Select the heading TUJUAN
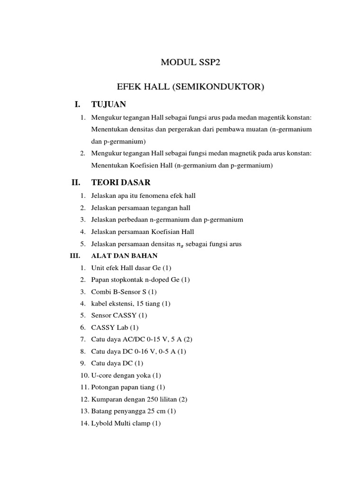point(109,104)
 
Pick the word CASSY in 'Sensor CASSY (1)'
point(124,315)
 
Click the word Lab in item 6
point(122,327)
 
